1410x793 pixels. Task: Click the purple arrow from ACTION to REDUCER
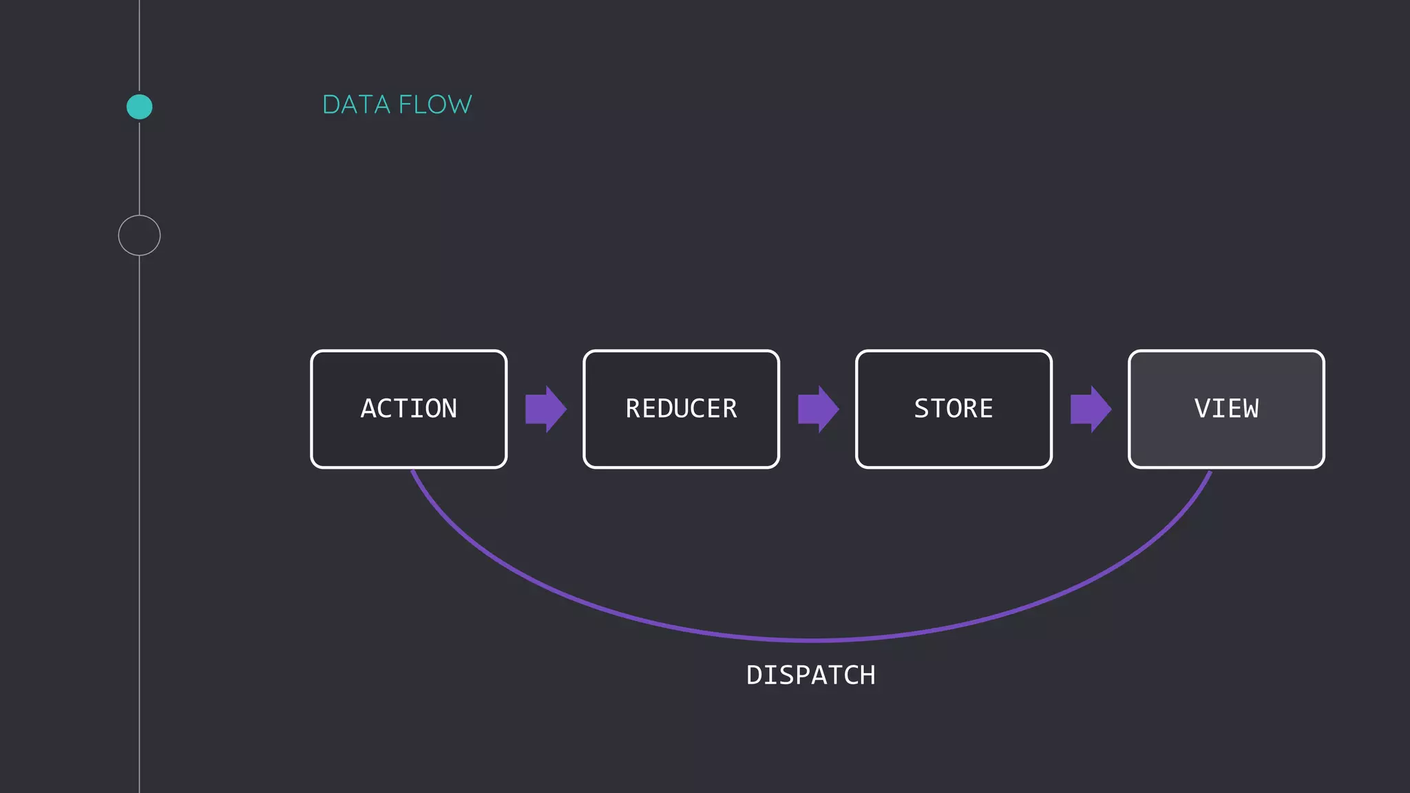coord(545,409)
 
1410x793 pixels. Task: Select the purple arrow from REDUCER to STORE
coord(817,409)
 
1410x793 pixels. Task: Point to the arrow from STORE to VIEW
coord(1090,409)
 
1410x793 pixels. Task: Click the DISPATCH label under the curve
coord(810,675)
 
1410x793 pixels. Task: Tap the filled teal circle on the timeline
coord(140,107)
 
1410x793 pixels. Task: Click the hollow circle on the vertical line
coord(139,235)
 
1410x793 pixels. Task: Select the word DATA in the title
coord(357,105)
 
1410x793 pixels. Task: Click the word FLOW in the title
coord(435,105)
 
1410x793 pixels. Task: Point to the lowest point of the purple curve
coord(811,640)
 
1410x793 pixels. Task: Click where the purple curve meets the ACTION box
coord(412,472)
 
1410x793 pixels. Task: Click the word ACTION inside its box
coord(408,408)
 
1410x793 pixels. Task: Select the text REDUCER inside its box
coord(681,408)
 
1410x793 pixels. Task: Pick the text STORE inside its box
coord(954,408)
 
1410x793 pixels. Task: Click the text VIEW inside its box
coord(1226,408)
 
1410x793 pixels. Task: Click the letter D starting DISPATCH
coord(755,675)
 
